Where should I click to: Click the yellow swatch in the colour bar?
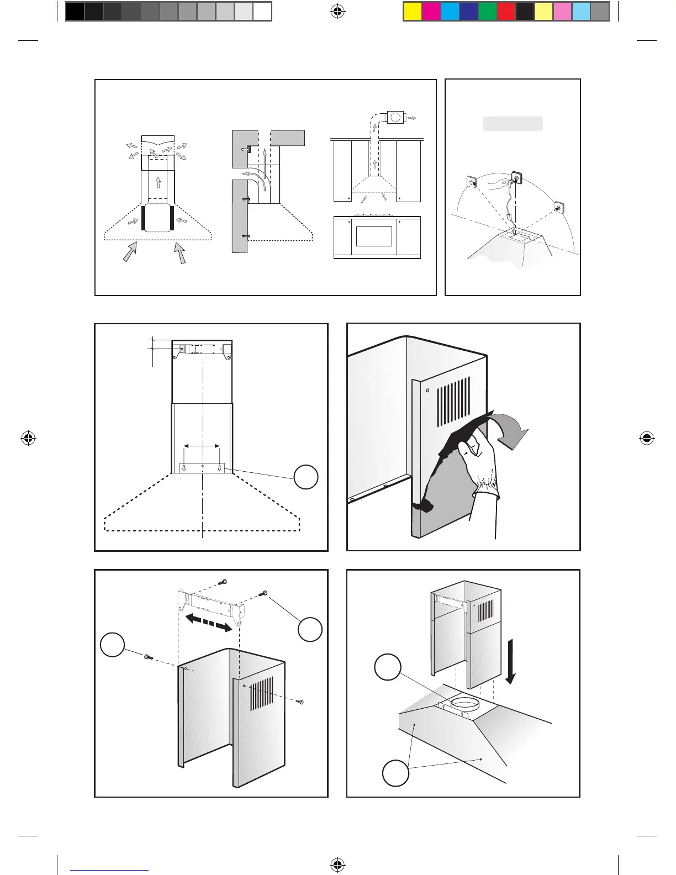[x=413, y=12]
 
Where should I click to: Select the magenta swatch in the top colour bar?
[x=431, y=12]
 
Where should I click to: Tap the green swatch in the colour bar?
[x=488, y=12]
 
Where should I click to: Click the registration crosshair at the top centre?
[x=337, y=11]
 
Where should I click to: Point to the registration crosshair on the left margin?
[x=28, y=439]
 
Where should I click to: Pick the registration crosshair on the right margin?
[x=647, y=439]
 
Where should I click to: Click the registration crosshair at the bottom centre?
[x=337, y=865]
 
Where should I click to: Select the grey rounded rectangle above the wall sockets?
[x=513, y=124]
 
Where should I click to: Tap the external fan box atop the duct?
[x=395, y=117]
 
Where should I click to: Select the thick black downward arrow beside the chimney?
[x=512, y=661]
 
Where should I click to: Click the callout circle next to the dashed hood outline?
[x=305, y=477]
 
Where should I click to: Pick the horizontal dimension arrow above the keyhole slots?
[x=202, y=446]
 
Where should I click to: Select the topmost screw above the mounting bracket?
[x=223, y=582]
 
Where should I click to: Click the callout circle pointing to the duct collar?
[x=388, y=667]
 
